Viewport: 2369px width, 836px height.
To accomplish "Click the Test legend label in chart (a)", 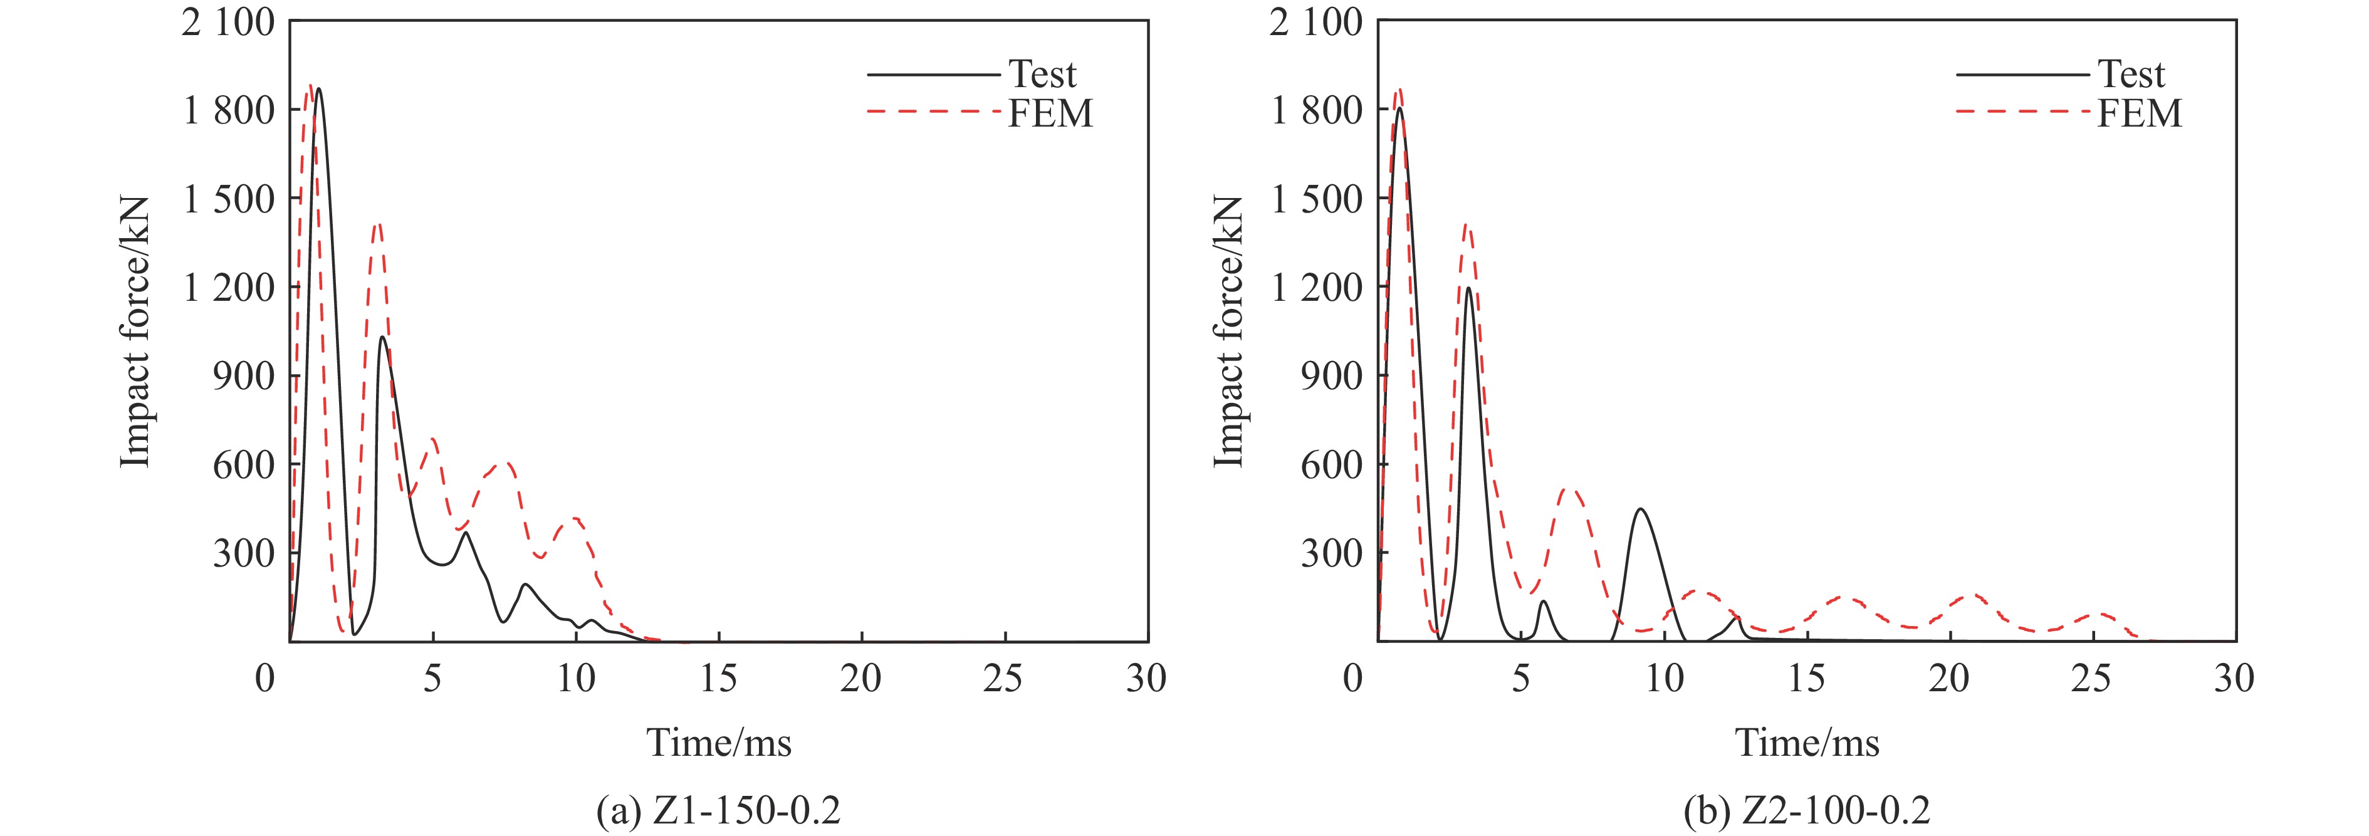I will [1042, 73].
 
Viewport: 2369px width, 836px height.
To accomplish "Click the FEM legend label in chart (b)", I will [2139, 114].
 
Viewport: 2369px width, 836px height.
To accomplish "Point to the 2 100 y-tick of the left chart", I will [228, 21].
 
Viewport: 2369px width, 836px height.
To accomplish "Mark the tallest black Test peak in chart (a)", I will [318, 89].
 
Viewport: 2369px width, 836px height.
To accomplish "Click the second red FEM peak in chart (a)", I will [377, 224].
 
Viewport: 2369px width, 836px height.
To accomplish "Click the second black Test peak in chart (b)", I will [1468, 288].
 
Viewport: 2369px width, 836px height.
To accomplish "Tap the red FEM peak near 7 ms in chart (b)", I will [1571, 490].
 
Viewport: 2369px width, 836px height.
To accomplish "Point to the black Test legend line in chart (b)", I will [2021, 73].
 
